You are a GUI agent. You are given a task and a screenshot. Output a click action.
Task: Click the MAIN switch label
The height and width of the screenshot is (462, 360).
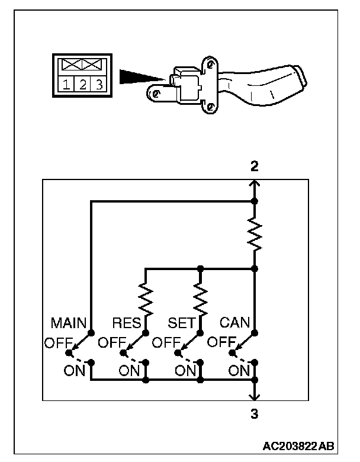pos(69,323)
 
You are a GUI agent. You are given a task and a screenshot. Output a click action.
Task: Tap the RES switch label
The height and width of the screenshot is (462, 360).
pos(127,323)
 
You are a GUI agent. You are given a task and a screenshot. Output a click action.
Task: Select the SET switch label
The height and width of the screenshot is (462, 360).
pos(182,323)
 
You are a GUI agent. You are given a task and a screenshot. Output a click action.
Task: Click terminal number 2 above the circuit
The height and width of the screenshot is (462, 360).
pos(255,166)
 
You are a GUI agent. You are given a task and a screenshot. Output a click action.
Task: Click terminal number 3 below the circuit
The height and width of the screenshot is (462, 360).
pos(255,414)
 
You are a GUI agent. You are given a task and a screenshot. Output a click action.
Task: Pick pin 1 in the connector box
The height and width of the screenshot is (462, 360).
pos(66,85)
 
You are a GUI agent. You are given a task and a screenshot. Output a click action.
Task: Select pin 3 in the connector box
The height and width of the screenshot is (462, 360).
pos(99,85)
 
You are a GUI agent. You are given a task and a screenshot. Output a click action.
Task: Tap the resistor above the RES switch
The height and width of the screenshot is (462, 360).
pos(146,298)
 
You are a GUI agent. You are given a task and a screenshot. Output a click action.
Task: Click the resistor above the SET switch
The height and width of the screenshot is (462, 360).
pos(200,298)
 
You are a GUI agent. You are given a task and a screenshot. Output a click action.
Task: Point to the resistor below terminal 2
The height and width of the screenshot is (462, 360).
pos(255,234)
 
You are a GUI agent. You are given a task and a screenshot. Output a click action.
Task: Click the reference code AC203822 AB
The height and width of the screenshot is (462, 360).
pos(298,446)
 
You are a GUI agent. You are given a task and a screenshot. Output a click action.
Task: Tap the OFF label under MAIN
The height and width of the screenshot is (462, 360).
pos(59,343)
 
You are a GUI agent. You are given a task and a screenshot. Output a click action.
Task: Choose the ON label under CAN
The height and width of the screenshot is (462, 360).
pos(239,370)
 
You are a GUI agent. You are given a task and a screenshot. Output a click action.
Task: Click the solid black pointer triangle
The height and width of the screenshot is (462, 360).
pos(142,77)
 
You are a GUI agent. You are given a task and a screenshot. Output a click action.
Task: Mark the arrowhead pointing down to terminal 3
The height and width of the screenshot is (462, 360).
pos(255,397)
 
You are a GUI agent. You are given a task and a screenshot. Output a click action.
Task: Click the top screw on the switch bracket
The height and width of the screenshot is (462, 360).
pos(210,63)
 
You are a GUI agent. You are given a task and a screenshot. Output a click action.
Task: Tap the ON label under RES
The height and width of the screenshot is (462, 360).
pos(129,370)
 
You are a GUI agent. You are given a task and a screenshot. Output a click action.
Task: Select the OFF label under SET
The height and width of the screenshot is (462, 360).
pos(166,343)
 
